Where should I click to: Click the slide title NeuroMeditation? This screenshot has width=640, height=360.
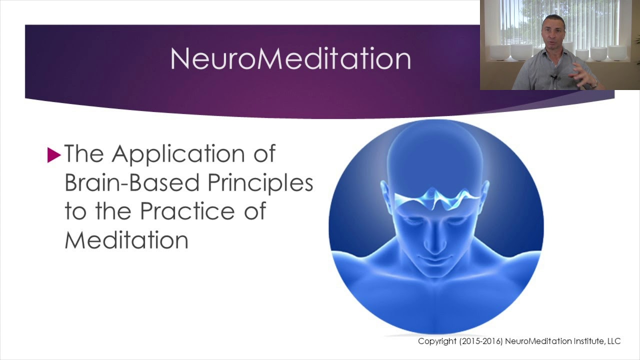tap(290, 59)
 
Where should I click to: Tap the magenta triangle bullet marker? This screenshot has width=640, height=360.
tap(53, 155)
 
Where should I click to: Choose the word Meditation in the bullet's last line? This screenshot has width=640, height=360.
tap(126, 240)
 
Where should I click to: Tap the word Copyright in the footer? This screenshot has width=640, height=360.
tap(436, 341)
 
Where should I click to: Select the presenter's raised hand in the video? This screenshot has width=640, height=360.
tap(582, 75)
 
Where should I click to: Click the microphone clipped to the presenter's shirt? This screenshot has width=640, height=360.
tap(554, 77)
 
